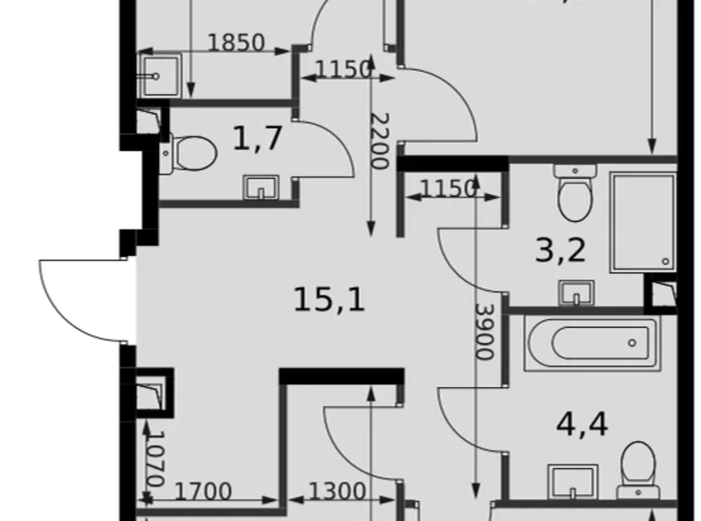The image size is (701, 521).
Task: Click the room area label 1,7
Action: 258,139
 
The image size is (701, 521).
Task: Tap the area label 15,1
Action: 329,299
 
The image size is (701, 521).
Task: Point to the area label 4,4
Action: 581,423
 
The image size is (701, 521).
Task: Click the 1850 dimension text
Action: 236,42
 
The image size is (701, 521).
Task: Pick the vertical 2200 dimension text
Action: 379,141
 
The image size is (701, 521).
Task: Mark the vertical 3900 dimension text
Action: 484,330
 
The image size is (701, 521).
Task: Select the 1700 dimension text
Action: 202,492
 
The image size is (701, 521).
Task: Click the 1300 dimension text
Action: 337,492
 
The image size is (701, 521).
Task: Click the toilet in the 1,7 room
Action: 191,153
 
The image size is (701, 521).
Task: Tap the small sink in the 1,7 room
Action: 262,188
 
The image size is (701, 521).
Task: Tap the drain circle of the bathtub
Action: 634,343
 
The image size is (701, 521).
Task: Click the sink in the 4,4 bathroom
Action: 573,481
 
